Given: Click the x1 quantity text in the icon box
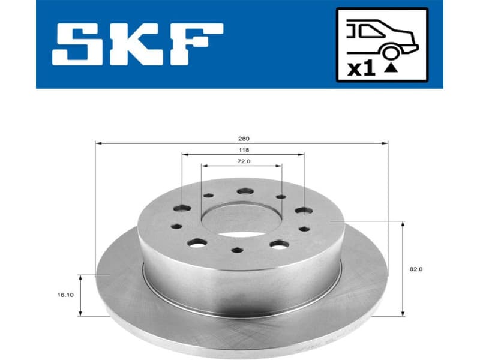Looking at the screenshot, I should [x=361, y=68].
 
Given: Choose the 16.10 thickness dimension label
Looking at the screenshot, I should [x=67, y=295].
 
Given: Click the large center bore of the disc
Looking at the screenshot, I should [x=241, y=219].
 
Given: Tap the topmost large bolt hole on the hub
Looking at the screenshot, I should [x=244, y=191].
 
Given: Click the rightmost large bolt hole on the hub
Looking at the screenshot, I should [x=304, y=211].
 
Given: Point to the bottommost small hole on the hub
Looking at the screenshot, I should [x=238, y=251].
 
